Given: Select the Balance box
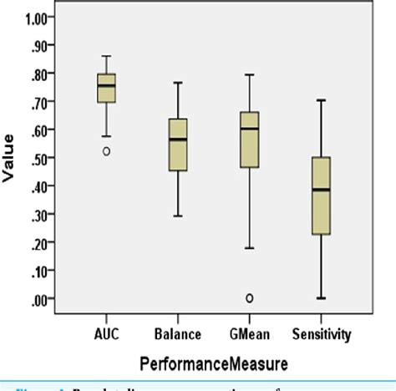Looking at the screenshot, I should click(178, 145).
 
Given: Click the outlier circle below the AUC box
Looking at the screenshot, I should click(107, 151).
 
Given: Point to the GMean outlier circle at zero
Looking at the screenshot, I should click(249, 297).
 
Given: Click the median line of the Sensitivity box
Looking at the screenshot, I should click(320, 190).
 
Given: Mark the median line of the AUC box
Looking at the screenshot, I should click(107, 85).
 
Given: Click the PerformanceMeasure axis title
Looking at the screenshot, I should click(213, 363).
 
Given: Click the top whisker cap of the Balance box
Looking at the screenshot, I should click(178, 83).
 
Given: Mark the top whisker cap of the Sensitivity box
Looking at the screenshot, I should click(320, 100).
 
